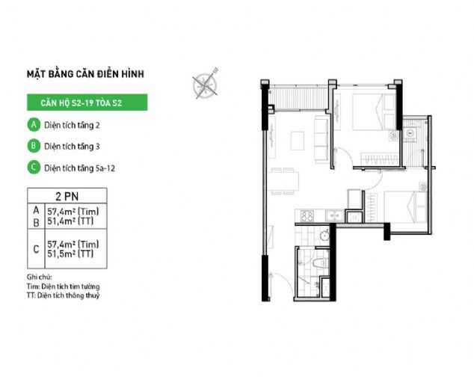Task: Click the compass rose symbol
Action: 205,84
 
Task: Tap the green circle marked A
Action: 34,125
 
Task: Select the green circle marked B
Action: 34,146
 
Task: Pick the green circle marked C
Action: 34,168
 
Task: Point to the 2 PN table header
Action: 67,196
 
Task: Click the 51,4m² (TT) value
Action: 70,221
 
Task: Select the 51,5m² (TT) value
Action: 70,254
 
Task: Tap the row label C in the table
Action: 36,249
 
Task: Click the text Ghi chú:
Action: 40,277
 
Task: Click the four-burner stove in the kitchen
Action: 307,215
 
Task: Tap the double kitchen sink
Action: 334,215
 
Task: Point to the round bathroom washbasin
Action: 324,236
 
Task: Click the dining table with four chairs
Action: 283,181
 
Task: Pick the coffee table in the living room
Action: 298,141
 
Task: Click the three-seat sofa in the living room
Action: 321,139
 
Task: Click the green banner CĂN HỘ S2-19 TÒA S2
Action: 87,102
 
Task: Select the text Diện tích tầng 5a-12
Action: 79,168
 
